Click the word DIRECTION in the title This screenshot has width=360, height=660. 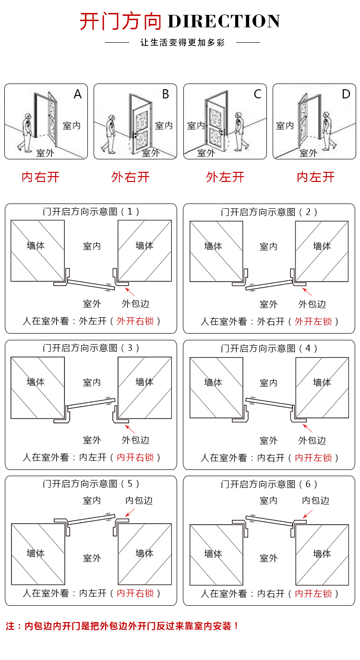[224, 22]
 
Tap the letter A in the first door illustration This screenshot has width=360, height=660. [78, 95]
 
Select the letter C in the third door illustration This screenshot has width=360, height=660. [257, 94]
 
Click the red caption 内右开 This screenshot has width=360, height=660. [40, 177]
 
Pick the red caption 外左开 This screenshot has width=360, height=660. [225, 177]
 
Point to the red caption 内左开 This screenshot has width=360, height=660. [315, 177]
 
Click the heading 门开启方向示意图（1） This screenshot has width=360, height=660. [91, 212]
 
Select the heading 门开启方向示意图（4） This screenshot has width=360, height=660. [269, 348]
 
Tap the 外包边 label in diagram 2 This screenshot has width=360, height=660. [312, 304]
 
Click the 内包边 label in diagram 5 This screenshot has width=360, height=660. [139, 501]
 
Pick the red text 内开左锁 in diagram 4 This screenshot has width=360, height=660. [313, 457]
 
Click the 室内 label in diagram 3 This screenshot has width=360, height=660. [92, 382]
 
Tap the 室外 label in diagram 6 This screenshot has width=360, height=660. [269, 558]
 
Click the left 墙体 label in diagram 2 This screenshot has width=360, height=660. [213, 246]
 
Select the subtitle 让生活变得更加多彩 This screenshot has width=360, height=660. [182, 43]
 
